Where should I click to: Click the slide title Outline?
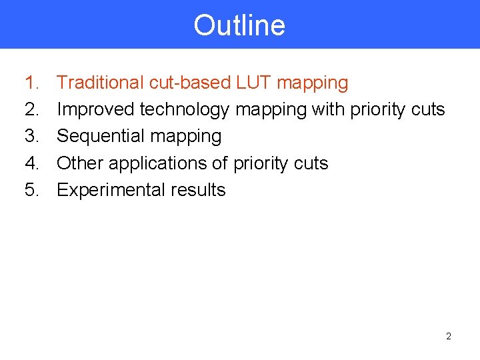point(239,25)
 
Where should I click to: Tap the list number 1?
point(31,83)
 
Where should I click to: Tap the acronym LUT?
point(254,83)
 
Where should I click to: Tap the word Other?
point(80,163)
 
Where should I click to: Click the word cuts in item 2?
point(427,109)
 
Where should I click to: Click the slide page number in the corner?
point(448,337)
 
